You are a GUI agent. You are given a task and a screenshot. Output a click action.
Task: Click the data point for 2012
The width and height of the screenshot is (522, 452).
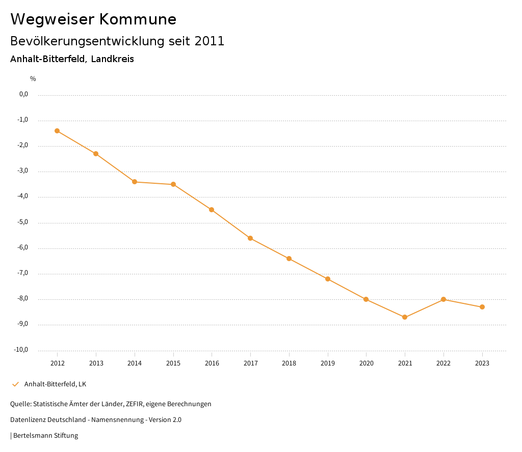[x=57, y=131]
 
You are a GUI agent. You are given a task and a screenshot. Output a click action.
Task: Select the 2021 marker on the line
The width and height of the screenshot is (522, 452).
[x=405, y=317]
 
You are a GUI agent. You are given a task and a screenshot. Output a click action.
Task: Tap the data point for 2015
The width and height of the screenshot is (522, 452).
[x=173, y=184]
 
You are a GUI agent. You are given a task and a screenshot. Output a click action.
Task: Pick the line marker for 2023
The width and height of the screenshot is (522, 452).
[x=482, y=307]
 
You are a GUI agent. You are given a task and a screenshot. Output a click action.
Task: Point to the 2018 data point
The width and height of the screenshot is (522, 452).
[x=289, y=259]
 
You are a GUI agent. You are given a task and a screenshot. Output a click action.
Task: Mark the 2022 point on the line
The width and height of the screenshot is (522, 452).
[x=443, y=299]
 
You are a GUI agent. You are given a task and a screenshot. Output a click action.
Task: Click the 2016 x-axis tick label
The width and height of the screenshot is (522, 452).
[x=212, y=363]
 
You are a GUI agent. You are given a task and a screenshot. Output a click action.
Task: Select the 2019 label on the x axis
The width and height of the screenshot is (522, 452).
[x=328, y=363]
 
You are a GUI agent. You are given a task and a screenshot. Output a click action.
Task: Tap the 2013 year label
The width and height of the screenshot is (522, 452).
[x=96, y=363]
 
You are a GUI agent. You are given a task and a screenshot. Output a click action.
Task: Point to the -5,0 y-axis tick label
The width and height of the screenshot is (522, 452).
[x=23, y=222]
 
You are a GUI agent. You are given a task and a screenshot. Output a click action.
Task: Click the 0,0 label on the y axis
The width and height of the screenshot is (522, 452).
[x=23, y=94]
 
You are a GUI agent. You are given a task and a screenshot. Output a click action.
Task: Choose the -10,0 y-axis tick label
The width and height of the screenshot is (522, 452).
[x=21, y=350]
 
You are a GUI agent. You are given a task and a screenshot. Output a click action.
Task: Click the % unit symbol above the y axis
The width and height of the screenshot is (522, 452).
[x=33, y=78]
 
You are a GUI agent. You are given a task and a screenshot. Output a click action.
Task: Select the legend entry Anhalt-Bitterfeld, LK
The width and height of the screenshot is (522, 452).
[x=55, y=384]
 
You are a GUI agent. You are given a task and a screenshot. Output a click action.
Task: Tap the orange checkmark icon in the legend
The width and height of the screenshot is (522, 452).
[x=15, y=384]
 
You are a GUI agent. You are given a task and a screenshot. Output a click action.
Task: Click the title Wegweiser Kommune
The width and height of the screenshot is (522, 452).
[x=93, y=19]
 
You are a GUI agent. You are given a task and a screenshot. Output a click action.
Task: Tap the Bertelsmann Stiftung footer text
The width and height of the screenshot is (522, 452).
[x=45, y=435]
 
